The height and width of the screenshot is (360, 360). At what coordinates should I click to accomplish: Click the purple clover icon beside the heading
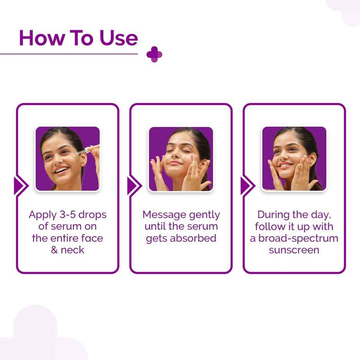click(x=154, y=54)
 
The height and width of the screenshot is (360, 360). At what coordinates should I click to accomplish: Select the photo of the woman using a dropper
click(x=67, y=159)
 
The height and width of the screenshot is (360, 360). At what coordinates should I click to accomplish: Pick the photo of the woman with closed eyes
click(x=181, y=159)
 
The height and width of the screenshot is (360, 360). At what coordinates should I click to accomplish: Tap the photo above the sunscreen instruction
click(x=294, y=159)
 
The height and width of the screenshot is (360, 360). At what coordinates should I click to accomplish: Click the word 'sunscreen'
click(x=294, y=250)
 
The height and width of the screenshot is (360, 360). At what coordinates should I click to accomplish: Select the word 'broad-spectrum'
click(x=298, y=238)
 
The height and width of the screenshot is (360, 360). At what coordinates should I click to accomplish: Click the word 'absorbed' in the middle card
click(x=193, y=238)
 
